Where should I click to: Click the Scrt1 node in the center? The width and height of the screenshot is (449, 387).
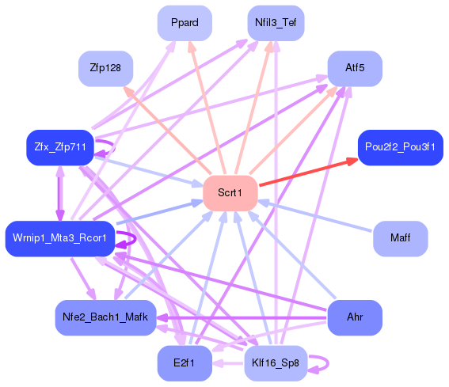pos(230,193)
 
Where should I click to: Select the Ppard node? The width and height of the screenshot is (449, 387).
pos(185,23)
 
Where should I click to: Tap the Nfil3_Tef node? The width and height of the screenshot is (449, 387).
pos(275,23)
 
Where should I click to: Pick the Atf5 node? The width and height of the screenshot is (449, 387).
pos(355,69)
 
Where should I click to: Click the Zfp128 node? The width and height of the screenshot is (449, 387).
pos(105,69)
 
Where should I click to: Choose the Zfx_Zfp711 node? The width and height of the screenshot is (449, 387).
pos(60,148)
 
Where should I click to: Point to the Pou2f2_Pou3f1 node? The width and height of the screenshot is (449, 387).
pos(399,148)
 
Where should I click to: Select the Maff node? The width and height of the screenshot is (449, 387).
pos(400,238)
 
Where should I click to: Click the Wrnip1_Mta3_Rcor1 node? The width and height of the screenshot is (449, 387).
pos(60,238)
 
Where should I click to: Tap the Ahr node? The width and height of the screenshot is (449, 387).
pos(355,317)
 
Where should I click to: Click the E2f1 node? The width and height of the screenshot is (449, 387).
pos(185,363)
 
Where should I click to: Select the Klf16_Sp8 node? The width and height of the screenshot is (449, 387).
pos(275,363)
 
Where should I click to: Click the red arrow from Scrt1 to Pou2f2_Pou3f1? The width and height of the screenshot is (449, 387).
pos(309,172)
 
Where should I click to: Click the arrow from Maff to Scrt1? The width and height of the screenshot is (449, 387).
pos(317,215)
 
